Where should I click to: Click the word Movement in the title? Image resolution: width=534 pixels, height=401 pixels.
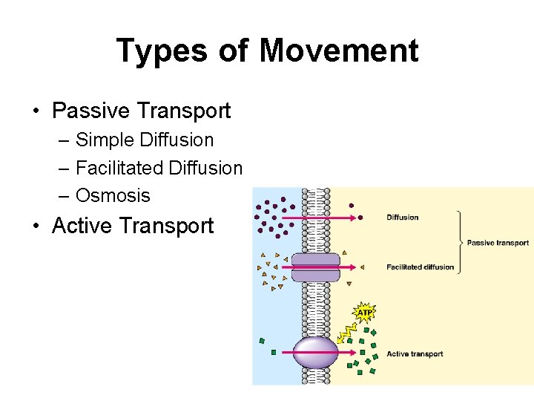tap(339, 51)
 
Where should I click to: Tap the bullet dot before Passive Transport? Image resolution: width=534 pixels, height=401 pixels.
tap(36, 112)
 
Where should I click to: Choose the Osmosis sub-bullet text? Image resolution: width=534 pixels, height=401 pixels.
tap(113, 196)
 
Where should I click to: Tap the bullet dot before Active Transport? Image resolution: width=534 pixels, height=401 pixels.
tap(36, 226)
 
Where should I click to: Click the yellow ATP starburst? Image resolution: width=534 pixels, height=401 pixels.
tap(364, 313)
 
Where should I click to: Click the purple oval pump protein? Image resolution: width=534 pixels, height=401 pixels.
tap(316, 352)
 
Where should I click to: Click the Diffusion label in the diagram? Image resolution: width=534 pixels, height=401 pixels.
tap(403, 218)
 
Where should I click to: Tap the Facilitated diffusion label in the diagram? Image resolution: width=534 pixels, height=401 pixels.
tap(420, 267)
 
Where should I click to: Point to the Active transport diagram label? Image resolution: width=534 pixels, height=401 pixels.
tap(415, 353)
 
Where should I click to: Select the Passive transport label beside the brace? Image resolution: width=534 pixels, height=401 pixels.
tap(498, 243)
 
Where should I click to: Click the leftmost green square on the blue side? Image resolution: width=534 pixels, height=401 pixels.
tap(262, 341)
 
